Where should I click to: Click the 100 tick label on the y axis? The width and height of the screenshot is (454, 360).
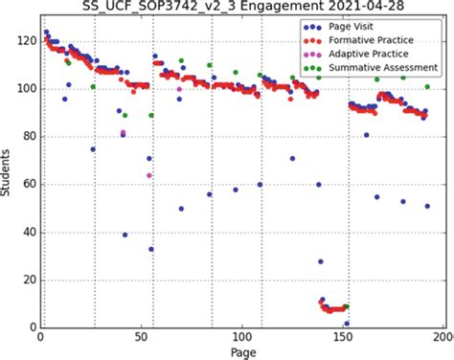[20, 89]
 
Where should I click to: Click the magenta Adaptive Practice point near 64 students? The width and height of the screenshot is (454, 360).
[149, 175]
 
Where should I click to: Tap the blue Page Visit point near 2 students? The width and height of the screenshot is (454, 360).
[346, 324]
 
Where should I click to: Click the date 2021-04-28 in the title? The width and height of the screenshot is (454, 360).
[355, 8]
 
